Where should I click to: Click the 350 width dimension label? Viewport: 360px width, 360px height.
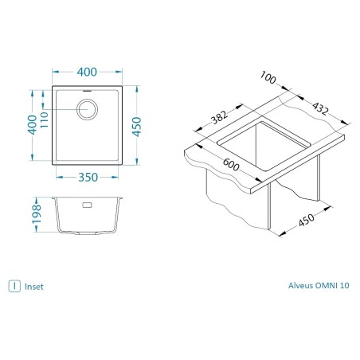click(88, 178)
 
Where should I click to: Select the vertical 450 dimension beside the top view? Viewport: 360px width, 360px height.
click(137, 127)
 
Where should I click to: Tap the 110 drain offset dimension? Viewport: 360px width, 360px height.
click(44, 119)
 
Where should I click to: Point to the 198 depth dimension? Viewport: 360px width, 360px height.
click(37, 214)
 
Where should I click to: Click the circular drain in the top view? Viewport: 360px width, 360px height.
click(87, 109)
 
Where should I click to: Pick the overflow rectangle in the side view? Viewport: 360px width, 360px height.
click(88, 205)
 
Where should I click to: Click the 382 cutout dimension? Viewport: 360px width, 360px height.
click(220, 117)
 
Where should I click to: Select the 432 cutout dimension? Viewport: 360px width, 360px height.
click(320, 108)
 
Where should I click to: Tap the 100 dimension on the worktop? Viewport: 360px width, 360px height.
click(268, 77)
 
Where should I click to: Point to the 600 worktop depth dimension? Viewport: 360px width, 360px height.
click(231, 165)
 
